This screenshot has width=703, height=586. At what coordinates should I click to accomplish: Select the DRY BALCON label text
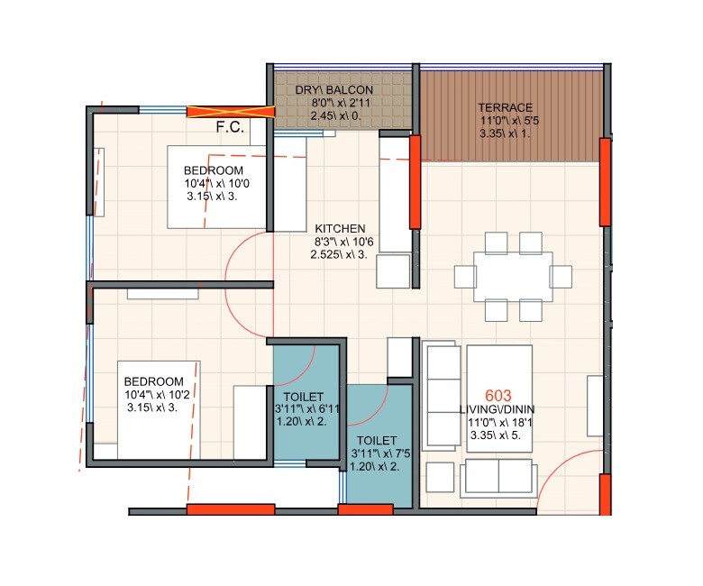point(334,90)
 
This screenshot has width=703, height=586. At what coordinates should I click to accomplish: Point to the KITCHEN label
point(340,228)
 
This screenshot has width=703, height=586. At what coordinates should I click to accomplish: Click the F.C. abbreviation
point(231,127)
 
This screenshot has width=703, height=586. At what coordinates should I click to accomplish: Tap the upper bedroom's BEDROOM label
point(214,170)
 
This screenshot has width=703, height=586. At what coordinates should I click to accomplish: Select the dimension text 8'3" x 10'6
point(340,243)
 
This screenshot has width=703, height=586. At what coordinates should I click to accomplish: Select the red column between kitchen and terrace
point(415,181)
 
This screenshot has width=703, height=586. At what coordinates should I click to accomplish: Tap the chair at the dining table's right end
point(561,276)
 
